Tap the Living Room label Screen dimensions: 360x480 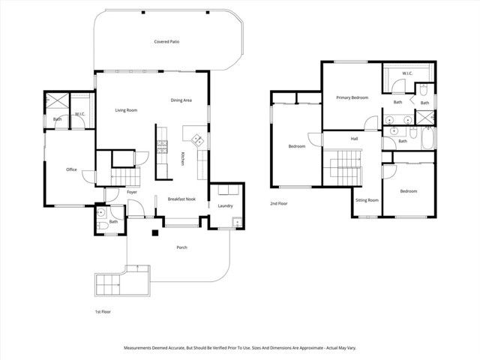(x=126, y=110)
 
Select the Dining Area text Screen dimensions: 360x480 (x=181, y=100)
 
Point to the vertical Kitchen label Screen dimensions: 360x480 (x=182, y=159)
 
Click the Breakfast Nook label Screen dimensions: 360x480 (x=181, y=199)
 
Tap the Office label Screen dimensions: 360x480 (x=71, y=169)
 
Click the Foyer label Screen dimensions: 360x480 (x=131, y=193)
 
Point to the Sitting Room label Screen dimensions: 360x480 (x=366, y=200)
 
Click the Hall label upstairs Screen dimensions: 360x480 (x=354, y=139)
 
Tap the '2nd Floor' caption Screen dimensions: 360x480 (x=280, y=203)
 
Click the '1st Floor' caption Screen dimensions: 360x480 (x=103, y=310)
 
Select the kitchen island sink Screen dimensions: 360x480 (x=196, y=139)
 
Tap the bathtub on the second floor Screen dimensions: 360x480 (x=426, y=140)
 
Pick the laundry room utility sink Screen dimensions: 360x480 (x=236, y=222)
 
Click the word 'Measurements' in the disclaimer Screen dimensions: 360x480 (x=140, y=348)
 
